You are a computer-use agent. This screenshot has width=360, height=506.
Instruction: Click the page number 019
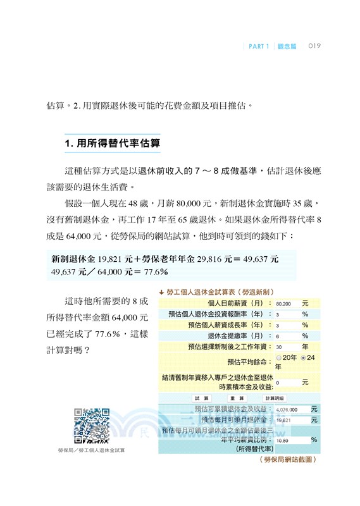click(x=316, y=46)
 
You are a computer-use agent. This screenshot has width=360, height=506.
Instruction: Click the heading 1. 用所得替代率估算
click(x=113, y=144)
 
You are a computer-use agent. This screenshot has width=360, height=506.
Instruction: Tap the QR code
click(x=92, y=425)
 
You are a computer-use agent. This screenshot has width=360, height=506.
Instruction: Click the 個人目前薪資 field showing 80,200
click(x=287, y=303)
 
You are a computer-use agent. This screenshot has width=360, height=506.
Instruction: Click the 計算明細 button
click(x=275, y=397)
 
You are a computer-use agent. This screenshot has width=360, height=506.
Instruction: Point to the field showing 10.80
click(x=287, y=440)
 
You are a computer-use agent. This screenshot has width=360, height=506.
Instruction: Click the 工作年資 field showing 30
click(x=287, y=347)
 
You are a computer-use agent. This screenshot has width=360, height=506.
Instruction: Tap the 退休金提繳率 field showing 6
click(x=287, y=336)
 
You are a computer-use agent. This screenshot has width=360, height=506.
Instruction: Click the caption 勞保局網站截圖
click(x=287, y=460)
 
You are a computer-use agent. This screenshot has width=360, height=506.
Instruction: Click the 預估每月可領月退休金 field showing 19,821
click(x=287, y=419)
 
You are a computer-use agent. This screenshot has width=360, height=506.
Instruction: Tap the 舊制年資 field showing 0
click(x=287, y=382)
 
